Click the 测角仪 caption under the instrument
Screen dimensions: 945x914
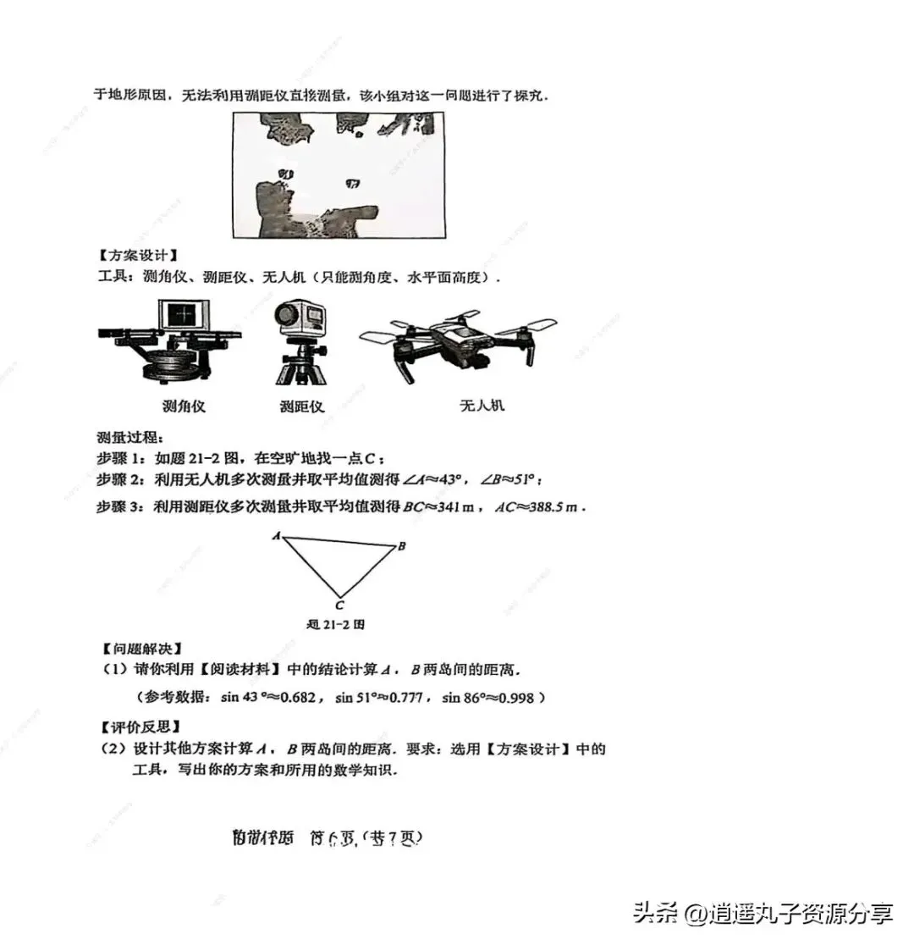[184, 406]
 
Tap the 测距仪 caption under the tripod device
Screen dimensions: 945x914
[302, 406]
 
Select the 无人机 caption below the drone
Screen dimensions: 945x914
[482, 405]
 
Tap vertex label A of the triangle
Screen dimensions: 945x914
[276, 536]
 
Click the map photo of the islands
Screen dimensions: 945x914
[339, 175]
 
